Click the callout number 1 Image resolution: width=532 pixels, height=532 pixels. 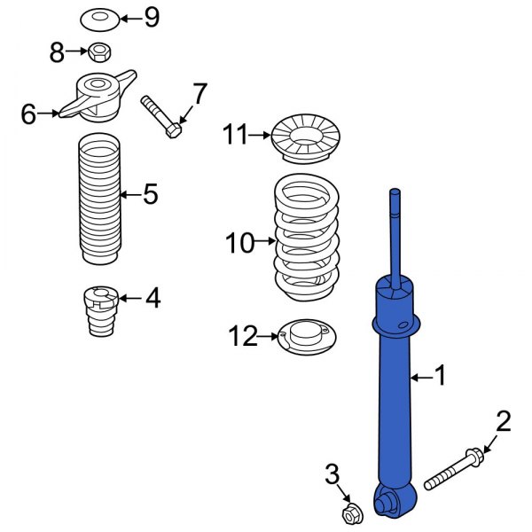441,378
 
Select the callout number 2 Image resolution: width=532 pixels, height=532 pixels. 503,422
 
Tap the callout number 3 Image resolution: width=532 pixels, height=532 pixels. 332,474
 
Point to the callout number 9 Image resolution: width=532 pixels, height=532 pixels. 152,17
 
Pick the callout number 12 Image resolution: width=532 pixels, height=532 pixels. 242,336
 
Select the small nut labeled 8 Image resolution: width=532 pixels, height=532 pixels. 100,52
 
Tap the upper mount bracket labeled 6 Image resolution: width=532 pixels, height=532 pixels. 98,96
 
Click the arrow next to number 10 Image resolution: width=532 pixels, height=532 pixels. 267,240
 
